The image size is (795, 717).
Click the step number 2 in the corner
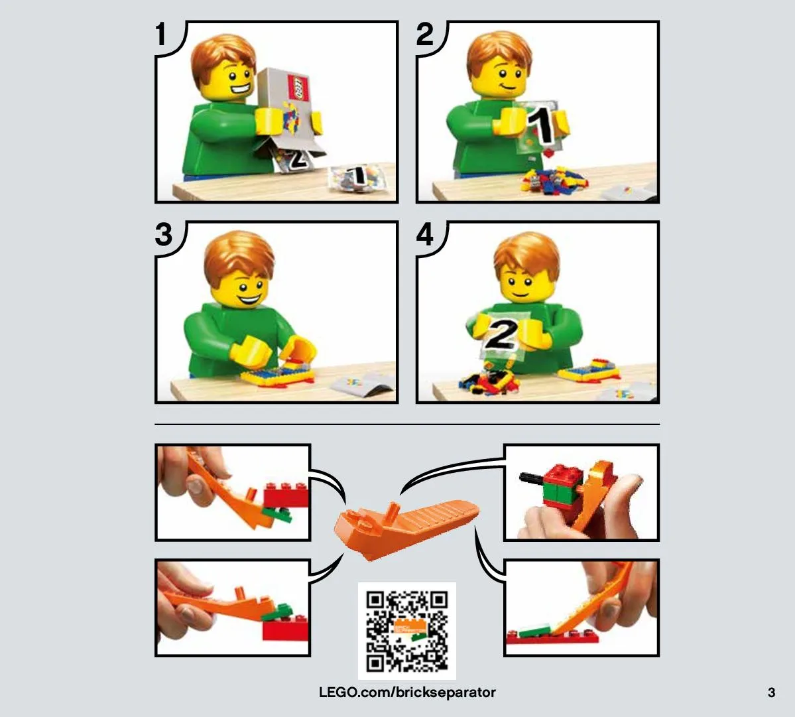pyautogui.click(x=425, y=34)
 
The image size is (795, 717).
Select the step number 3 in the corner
pyautogui.click(x=164, y=234)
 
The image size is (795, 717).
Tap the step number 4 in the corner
pyautogui.click(x=425, y=234)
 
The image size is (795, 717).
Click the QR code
pyautogui.click(x=406, y=631)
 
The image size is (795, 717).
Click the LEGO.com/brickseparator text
pyautogui.click(x=407, y=692)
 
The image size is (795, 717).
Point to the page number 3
pyautogui.click(x=771, y=692)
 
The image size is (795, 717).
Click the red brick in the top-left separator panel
pyautogui.click(x=286, y=494)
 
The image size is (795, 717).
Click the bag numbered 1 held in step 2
pyautogui.click(x=538, y=127)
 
